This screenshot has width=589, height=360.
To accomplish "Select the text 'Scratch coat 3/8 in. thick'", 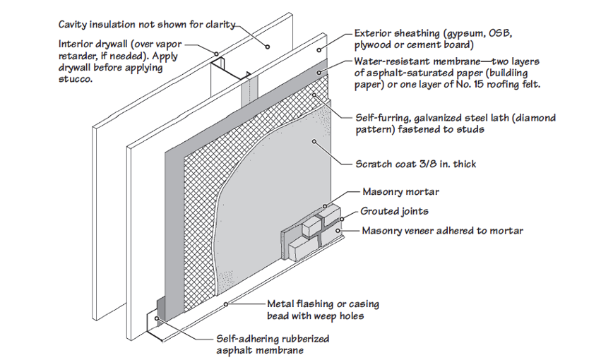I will point(415,164).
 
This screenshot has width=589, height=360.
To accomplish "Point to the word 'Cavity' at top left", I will point(76,24).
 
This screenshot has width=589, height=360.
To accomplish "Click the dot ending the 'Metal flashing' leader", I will point(225,304).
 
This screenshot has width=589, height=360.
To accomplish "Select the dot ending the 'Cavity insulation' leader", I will point(268,47).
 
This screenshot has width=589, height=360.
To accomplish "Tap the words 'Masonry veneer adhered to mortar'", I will point(442,231).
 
